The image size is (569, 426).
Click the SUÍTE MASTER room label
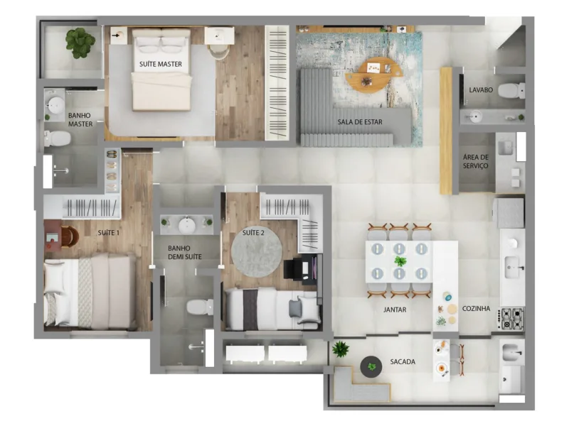click(160, 64)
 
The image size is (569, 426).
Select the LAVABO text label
click(481, 90)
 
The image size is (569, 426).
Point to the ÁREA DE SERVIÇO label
click(475, 161)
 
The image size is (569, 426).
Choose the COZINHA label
click(477, 310)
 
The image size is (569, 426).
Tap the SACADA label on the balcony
click(403, 362)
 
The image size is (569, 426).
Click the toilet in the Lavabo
click(511, 90)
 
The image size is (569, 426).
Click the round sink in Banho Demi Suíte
click(186, 225)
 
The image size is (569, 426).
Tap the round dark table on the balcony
click(371, 366)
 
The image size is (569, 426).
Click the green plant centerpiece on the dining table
click(400, 261)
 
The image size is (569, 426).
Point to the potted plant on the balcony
click(341, 349)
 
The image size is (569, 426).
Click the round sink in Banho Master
click(55, 106)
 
